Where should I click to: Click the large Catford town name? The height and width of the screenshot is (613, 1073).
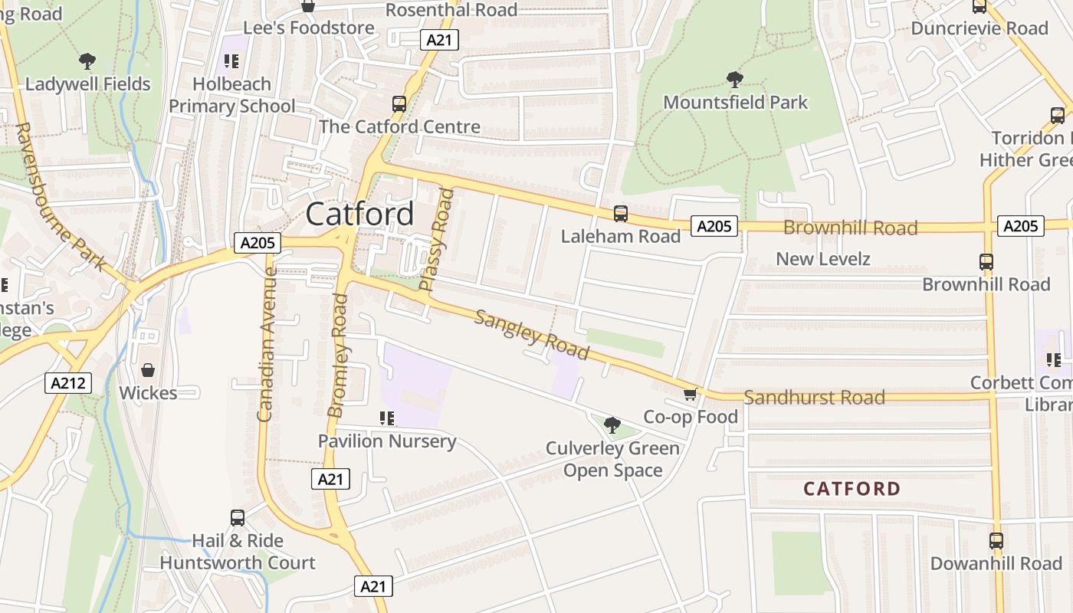point(359,214)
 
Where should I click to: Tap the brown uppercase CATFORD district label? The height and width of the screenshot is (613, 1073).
point(852,488)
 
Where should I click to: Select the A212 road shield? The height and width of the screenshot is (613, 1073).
point(68,383)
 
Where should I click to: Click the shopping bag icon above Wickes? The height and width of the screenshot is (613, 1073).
point(147,370)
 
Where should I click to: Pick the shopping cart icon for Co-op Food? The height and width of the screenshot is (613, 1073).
point(690,394)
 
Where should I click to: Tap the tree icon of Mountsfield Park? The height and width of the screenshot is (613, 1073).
point(734,79)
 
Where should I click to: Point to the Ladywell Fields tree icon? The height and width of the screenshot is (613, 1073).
point(87,61)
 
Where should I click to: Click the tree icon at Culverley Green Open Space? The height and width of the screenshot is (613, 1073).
point(612,425)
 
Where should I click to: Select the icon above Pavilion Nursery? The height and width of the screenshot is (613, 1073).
point(387,418)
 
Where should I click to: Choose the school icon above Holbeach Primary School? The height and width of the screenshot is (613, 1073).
point(231,61)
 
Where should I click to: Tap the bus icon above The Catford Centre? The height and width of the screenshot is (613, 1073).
point(399,104)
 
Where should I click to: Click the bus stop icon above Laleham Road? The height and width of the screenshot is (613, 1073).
point(620,214)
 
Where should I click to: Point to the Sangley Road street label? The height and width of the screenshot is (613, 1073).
point(531,335)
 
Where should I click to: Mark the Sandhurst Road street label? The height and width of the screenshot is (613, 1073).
point(814,397)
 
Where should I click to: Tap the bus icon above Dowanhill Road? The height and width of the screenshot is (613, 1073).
point(996,541)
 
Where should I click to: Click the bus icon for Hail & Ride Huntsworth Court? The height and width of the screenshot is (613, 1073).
point(238,518)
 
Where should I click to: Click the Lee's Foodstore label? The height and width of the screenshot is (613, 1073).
point(309,28)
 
